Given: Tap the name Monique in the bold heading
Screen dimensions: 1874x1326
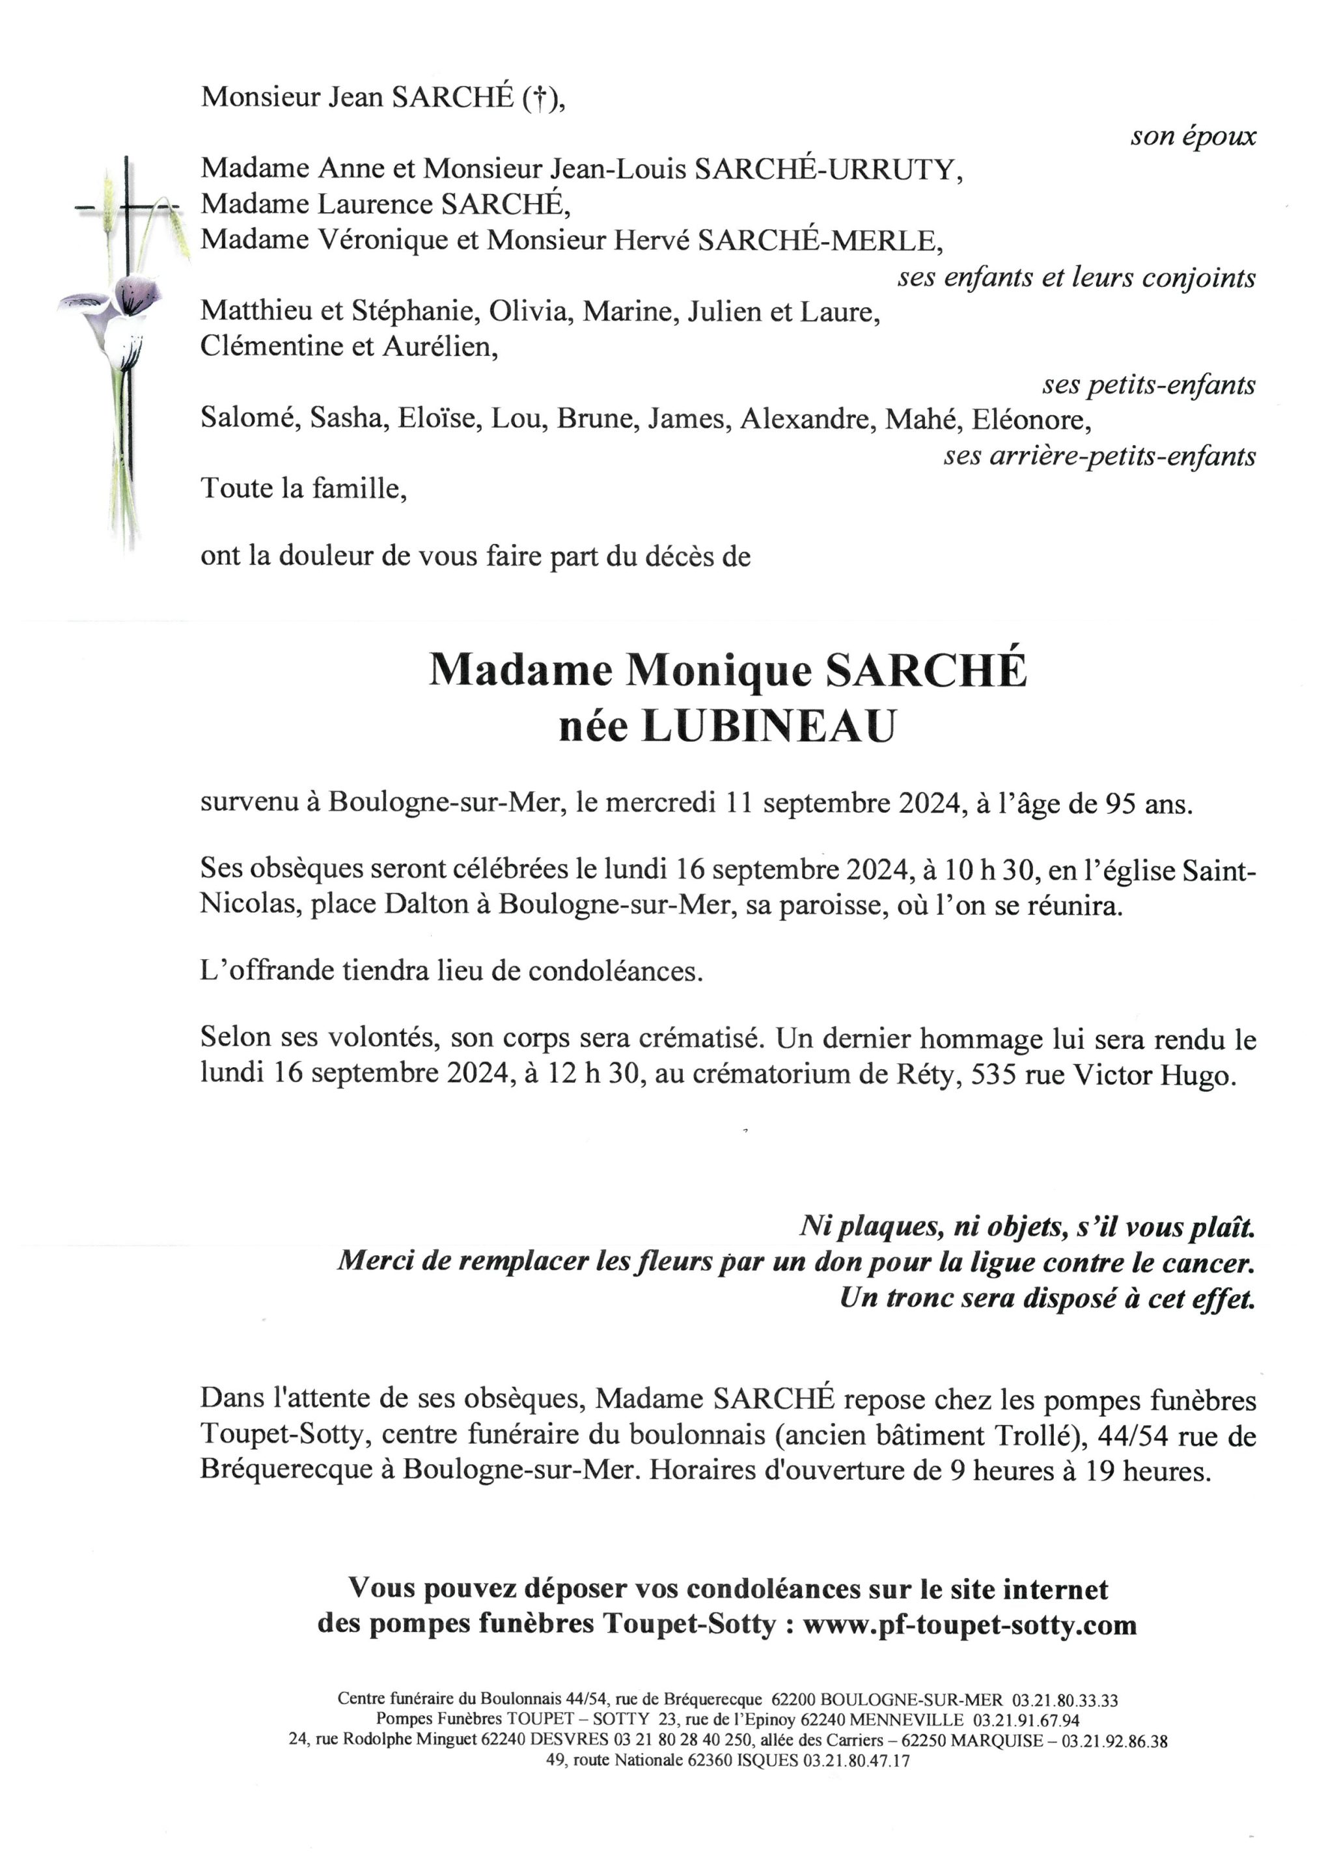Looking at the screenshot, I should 719,671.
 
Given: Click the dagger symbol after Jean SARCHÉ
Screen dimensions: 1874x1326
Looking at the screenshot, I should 537,98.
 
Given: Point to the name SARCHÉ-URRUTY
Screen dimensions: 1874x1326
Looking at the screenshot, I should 828,169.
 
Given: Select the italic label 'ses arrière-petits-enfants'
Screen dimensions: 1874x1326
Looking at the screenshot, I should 1099,455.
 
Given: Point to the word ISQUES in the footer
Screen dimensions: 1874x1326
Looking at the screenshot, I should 767,1761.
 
